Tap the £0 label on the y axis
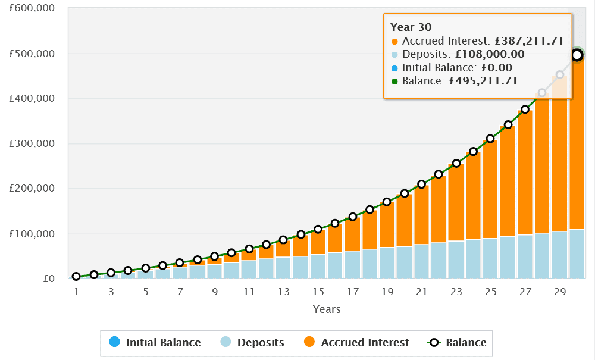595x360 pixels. [49, 278]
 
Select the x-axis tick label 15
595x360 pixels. [318, 292]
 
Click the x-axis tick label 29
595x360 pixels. [560, 292]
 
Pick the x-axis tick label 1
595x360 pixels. [77, 292]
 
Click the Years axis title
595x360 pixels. [327, 309]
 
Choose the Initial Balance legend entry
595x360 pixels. [155, 343]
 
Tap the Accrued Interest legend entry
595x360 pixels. [356, 343]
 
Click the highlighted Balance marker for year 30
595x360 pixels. [577, 55]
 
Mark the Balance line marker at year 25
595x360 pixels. [490, 139]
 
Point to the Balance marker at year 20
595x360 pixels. [405, 193]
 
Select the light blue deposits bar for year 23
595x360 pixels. [456, 259]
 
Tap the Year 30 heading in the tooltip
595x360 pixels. [411, 27]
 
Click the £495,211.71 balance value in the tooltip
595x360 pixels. [481, 80]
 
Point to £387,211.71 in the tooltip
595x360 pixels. [530, 41]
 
